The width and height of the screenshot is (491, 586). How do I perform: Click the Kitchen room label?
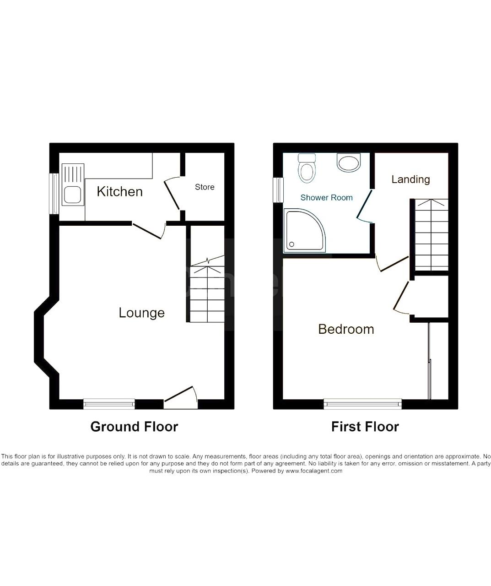click(x=120, y=192)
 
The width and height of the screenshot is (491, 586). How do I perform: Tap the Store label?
click(x=205, y=187)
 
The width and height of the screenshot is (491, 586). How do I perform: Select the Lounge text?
click(x=141, y=313)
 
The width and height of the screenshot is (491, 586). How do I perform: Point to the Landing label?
click(x=410, y=179)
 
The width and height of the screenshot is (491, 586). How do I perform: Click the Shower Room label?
click(x=326, y=198)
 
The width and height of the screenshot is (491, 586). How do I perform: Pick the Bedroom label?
click(x=346, y=329)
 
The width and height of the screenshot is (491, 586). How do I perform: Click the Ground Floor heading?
click(x=134, y=427)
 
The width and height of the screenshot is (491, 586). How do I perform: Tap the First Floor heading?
click(x=365, y=427)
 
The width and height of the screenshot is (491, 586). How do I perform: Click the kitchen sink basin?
click(x=73, y=194)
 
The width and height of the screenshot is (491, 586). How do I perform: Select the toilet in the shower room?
click(x=307, y=168)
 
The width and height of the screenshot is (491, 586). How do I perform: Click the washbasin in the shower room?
click(x=349, y=162)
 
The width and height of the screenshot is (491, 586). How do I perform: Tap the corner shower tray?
click(x=304, y=230)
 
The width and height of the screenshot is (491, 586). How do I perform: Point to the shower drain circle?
click(x=291, y=244)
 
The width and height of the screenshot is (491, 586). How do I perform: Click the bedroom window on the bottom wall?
click(x=362, y=404)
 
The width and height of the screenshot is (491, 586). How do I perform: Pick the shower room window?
click(x=278, y=190)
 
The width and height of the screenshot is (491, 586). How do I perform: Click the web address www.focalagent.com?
click(x=314, y=471)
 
